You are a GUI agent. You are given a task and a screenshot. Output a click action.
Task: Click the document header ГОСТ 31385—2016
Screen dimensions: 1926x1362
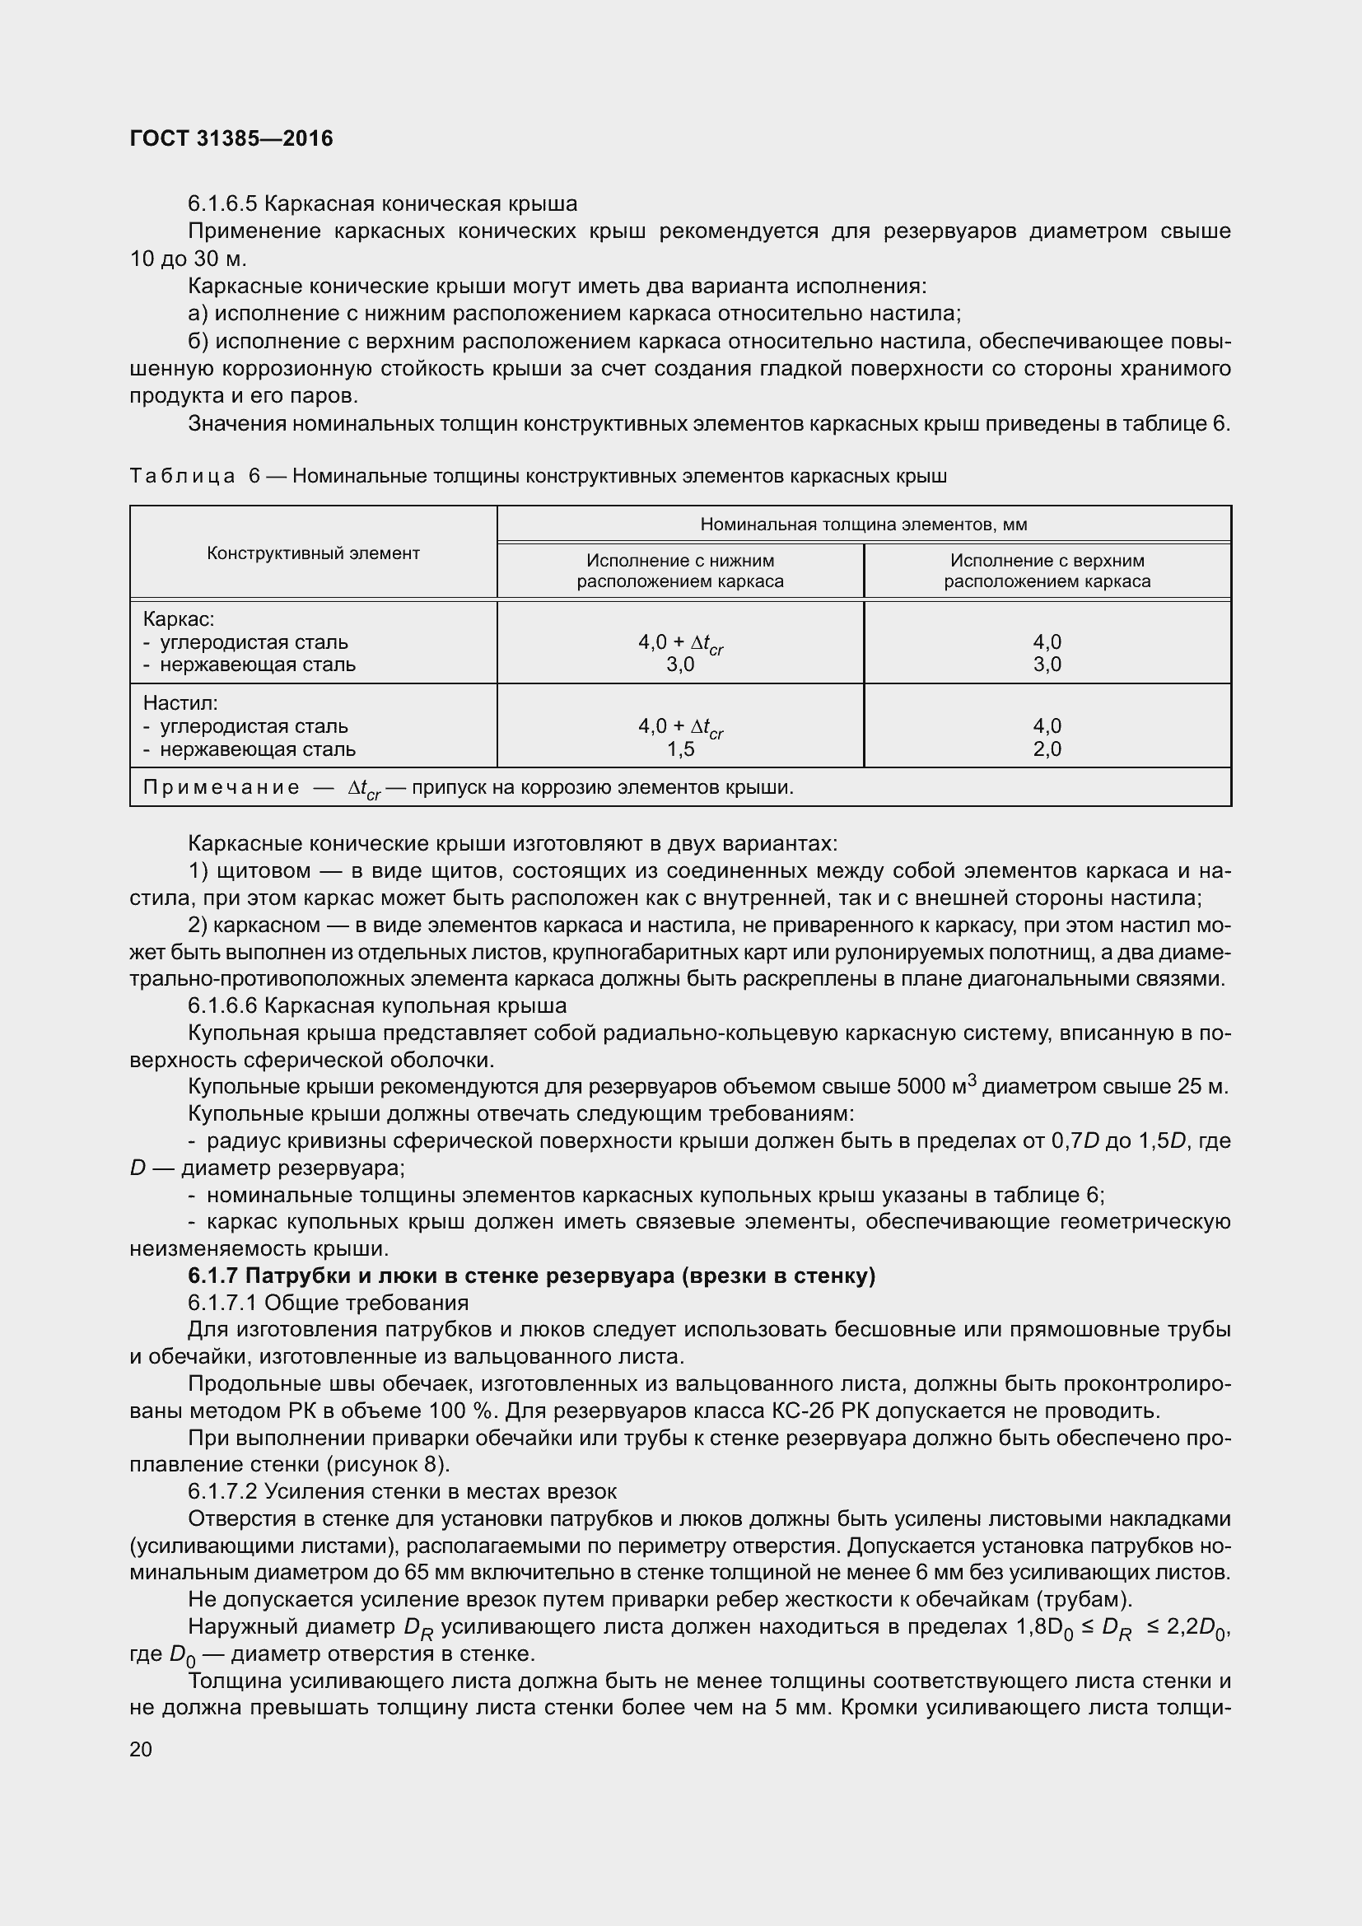231,138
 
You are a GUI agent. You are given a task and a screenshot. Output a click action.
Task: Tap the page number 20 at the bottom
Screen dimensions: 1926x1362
141,1749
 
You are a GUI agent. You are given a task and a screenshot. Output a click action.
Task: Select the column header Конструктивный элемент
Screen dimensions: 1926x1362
313,553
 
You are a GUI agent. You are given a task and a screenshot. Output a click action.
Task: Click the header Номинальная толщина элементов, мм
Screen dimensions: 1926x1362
863,525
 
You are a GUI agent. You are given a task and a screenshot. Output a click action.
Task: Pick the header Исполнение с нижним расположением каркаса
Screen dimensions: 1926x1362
679,571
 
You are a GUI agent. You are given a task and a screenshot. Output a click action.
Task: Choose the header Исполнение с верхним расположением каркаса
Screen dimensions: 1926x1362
1047,571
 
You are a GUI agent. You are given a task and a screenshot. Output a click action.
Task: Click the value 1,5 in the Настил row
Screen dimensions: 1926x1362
680,749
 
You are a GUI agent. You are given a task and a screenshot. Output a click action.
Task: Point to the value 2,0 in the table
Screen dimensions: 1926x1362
1047,749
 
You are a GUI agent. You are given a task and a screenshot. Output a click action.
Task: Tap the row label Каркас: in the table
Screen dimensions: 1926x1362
179,619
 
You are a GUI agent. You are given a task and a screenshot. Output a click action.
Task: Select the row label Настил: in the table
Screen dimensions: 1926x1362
180,703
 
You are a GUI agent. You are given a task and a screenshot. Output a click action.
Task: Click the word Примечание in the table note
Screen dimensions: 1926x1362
221,787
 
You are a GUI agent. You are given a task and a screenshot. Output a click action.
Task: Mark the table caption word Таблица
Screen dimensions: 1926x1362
182,477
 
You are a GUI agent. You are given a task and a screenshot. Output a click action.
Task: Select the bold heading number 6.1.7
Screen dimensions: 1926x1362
212,1275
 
